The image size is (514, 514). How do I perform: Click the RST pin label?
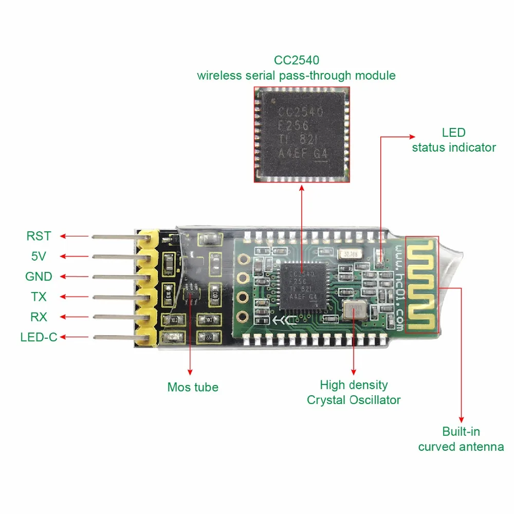(39, 236)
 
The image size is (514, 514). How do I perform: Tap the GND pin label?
(39, 277)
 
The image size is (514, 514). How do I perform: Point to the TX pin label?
(39, 297)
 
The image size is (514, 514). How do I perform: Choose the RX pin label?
(39, 317)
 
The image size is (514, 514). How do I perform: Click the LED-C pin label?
(39, 337)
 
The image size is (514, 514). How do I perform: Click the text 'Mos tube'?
(193, 387)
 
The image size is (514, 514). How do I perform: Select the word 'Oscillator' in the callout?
(373, 400)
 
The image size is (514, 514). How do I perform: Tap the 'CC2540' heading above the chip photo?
(296, 60)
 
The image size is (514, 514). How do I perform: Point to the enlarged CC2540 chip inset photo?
(301, 135)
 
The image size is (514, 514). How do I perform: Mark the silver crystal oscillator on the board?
(353, 310)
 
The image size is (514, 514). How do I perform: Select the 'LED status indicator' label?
(454, 140)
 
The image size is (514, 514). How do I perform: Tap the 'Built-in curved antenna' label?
(461, 439)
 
